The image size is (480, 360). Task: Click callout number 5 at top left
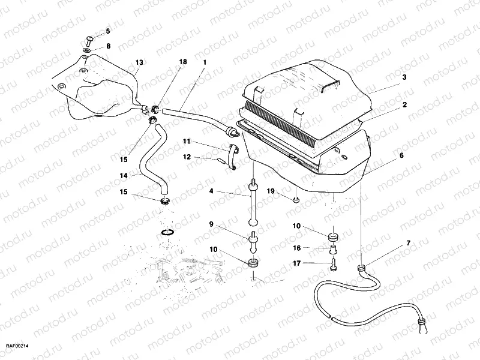click(108, 31)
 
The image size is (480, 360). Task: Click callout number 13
click(139, 62)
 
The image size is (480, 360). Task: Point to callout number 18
click(183, 62)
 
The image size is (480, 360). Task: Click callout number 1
click(205, 62)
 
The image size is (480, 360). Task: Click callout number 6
click(401, 155)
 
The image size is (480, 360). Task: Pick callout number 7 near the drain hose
click(409, 243)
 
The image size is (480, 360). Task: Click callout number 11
click(187, 142)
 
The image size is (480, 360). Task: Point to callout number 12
click(187, 157)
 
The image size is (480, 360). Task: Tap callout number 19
click(271, 191)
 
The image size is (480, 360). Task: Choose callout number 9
click(211, 224)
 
